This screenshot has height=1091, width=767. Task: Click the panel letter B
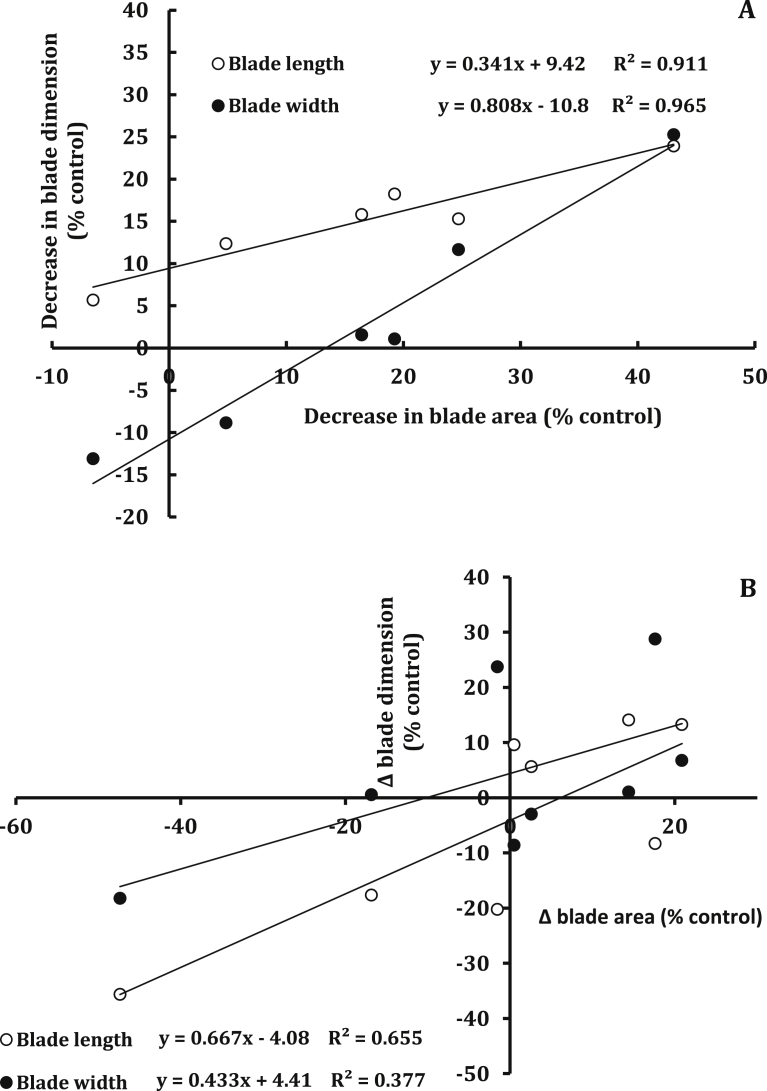[745, 588]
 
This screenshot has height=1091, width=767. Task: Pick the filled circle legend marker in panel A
[218, 105]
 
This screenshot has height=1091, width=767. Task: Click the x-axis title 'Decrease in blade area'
[483, 415]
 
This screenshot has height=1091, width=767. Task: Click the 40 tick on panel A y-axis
[150, 10]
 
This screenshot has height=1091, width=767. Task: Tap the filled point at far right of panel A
[673, 134]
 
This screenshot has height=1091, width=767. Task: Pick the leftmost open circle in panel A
[93, 300]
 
